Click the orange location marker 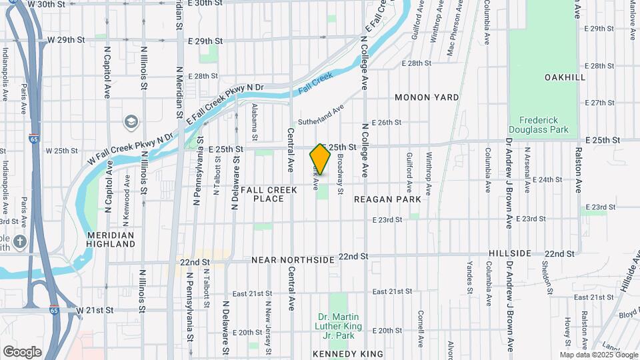point(320,159)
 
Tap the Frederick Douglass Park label point(539,125)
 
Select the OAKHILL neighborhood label point(564,77)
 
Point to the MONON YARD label point(427,97)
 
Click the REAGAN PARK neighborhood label point(387,199)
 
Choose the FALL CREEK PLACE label point(263,194)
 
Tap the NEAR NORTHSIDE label point(291,258)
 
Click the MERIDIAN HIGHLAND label point(111,239)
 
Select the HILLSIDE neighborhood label point(510,254)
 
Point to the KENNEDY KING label point(348,353)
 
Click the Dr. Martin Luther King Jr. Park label point(339,321)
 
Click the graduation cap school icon point(131,122)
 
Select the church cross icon point(20,241)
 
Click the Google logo point(22,351)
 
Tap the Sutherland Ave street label point(321,115)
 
